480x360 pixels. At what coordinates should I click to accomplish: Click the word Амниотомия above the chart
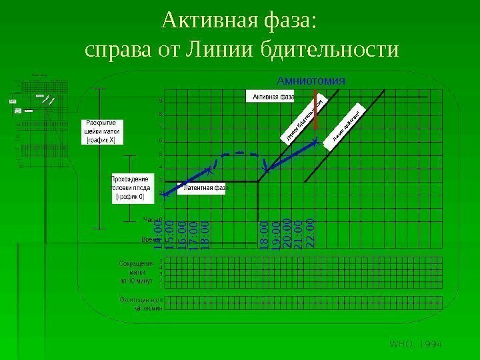click(x=311, y=80)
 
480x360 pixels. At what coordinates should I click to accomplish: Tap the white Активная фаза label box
click(x=271, y=97)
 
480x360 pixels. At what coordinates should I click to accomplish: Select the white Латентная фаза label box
click(x=205, y=188)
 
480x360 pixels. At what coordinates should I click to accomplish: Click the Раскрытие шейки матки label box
click(x=102, y=131)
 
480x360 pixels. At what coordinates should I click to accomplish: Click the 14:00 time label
click(x=158, y=238)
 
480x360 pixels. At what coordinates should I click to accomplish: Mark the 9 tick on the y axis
click(x=161, y=101)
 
